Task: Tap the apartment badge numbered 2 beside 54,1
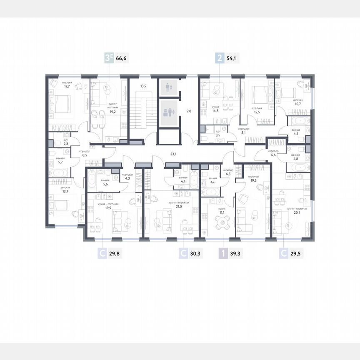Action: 219,58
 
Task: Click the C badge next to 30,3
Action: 183,252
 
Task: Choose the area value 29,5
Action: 295,252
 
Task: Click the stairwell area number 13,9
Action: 143,86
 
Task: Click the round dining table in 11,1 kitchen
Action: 222,223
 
